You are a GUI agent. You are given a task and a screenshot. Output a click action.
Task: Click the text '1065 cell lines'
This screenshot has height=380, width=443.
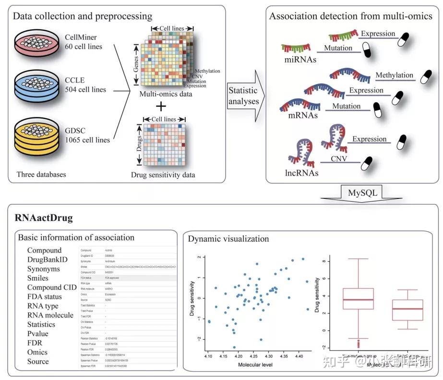[87, 140]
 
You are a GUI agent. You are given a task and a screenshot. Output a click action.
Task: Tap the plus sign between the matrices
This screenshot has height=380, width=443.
[163, 107]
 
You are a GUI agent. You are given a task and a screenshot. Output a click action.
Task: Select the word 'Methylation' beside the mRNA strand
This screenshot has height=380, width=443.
[394, 75]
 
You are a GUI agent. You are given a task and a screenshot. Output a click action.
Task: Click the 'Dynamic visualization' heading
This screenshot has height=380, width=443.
[228, 238]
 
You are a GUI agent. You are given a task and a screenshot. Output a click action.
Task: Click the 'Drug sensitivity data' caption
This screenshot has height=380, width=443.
[163, 175]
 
